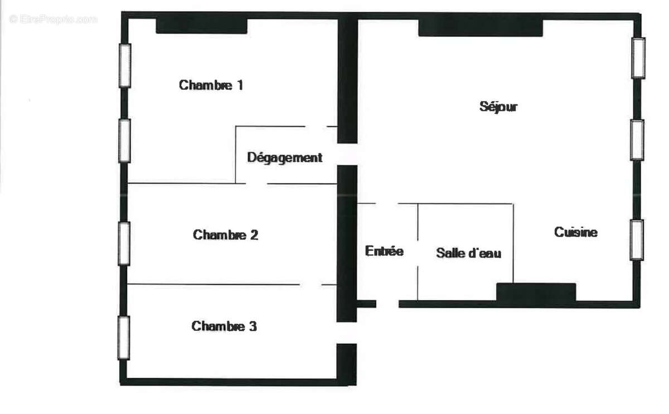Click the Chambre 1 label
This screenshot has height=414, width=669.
pyautogui.click(x=211, y=85)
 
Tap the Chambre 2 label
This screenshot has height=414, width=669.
pyautogui.click(x=225, y=235)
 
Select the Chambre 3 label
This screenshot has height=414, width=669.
pyautogui.click(x=224, y=326)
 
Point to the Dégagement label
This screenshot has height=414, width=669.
pyautogui.click(x=284, y=158)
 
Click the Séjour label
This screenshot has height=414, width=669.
pyautogui.click(x=498, y=107)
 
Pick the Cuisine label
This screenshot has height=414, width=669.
pyautogui.click(x=575, y=233)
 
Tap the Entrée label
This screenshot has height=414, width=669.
pyautogui.click(x=384, y=251)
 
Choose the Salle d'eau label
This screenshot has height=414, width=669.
pyautogui.click(x=468, y=253)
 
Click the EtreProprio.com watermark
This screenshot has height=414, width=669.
pyautogui.click(x=53, y=19)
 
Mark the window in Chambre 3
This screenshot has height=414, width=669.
pyautogui.click(x=124, y=338)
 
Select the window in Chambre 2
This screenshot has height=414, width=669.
pyautogui.click(x=124, y=243)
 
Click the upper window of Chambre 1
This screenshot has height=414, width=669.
pyautogui.click(x=125, y=65)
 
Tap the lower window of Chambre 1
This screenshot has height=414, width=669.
pyautogui.click(x=125, y=141)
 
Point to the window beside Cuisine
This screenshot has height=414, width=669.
pyautogui.click(x=636, y=240)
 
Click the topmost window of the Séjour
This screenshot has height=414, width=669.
pyautogui.click(x=638, y=57)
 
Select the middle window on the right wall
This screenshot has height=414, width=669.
pyautogui.click(x=637, y=139)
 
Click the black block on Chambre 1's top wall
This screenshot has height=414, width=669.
pyautogui.click(x=201, y=26)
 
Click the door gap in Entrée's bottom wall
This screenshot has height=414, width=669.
pyautogui.click(x=387, y=304)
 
